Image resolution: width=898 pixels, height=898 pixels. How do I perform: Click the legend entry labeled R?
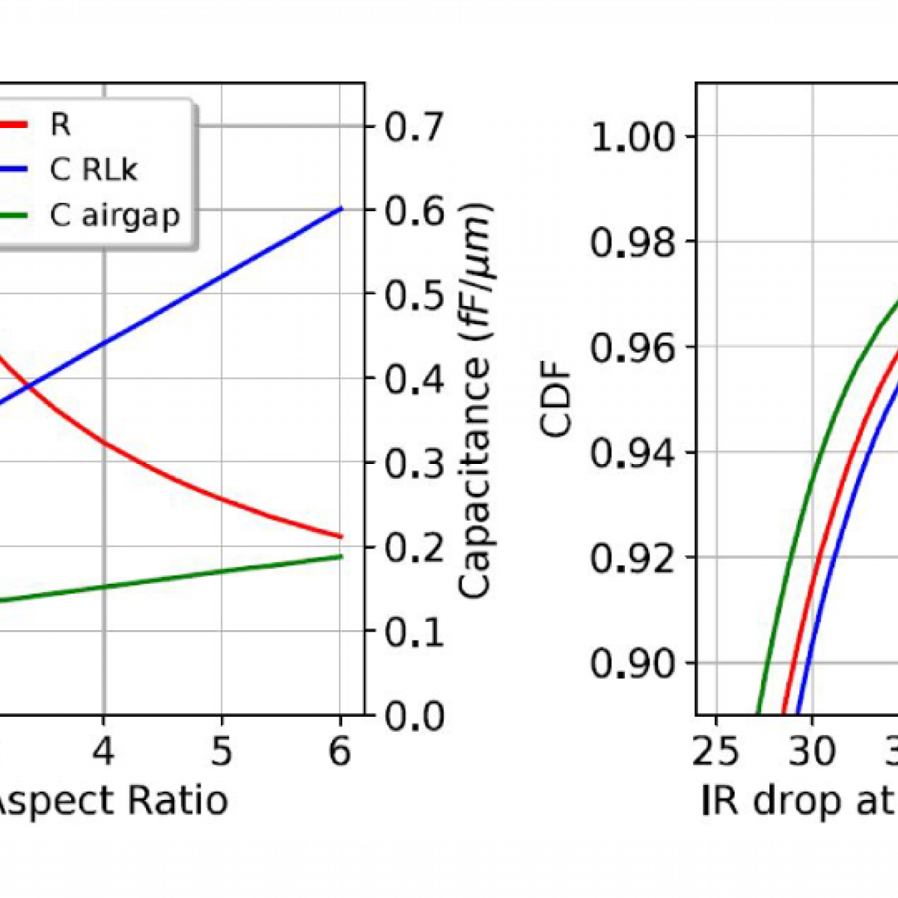pyautogui.click(x=60, y=124)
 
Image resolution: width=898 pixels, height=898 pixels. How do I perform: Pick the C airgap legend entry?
pyautogui.click(x=114, y=216)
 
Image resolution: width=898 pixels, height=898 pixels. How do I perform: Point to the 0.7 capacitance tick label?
pyautogui.click(x=415, y=126)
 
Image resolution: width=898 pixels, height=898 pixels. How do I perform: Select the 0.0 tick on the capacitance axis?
pyautogui.click(x=415, y=716)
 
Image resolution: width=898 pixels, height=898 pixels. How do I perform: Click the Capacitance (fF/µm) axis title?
pyautogui.click(x=474, y=400)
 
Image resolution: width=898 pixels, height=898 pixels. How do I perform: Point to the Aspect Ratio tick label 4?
pyautogui.click(x=104, y=751)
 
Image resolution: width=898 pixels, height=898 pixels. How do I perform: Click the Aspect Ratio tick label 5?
pyautogui.click(x=221, y=751)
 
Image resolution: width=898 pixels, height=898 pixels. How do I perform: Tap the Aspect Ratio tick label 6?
pyautogui.click(x=340, y=751)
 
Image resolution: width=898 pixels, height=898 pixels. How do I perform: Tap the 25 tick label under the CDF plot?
pyautogui.click(x=716, y=751)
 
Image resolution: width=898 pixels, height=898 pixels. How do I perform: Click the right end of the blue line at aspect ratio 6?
pyautogui.click(x=341, y=208)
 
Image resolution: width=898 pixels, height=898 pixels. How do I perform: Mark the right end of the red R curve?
pyautogui.click(x=341, y=536)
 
